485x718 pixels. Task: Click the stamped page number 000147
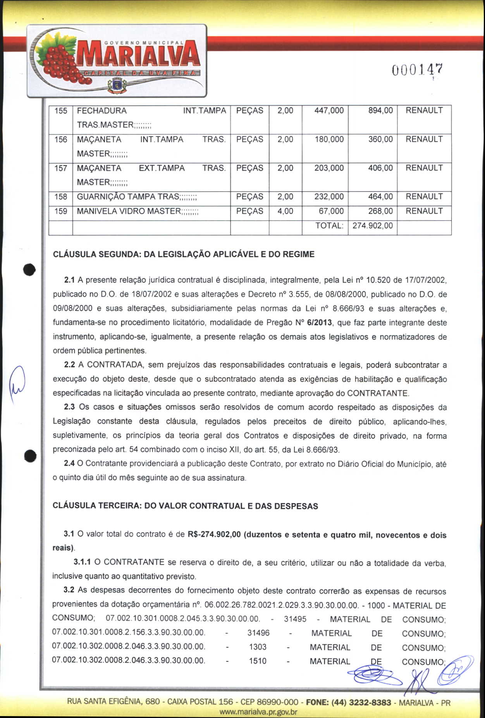coord(417,70)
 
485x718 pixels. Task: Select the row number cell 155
coord(61,111)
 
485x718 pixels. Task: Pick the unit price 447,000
coord(329,111)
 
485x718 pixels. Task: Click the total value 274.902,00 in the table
coord(373,226)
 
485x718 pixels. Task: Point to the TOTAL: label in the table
coord(329,226)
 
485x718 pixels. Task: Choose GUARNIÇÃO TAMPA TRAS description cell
coord(137,197)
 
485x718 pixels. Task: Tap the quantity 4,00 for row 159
coord(285,212)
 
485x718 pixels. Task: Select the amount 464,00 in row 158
coord(380,197)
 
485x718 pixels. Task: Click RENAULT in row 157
coord(424,168)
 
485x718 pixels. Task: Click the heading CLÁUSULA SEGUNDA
coord(184,255)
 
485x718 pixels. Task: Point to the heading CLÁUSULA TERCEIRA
coord(185,506)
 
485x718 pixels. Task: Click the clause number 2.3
coord(69,407)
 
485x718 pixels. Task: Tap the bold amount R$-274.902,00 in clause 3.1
coord(214,535)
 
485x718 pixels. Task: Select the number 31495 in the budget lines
coord(295,619)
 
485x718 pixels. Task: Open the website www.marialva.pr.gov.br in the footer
coord(258,712)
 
